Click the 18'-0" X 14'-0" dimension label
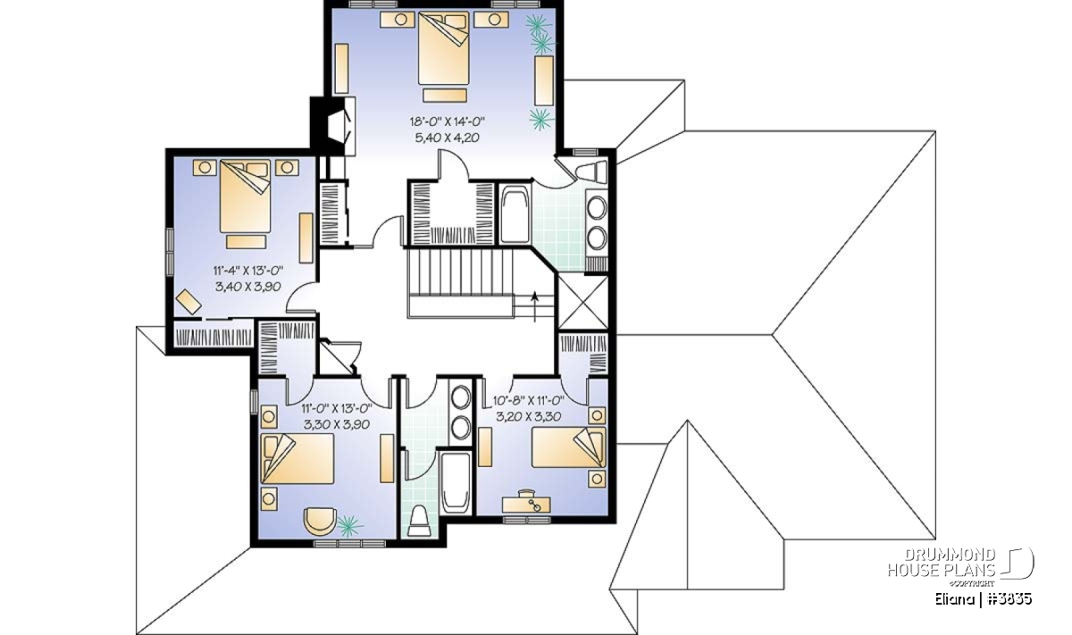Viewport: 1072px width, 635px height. pos(448,121)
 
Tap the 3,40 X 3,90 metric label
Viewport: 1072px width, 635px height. pos(248,287)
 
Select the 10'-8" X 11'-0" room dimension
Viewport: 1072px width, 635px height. pos(529,400)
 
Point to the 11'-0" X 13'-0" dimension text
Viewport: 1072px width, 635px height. pos(337,408)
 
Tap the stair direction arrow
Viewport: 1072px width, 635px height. pos(535,305)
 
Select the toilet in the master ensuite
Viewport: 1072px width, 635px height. pos(592,171)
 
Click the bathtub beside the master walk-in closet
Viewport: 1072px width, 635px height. pos(515,214)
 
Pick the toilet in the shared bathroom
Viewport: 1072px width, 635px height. pos(420,521)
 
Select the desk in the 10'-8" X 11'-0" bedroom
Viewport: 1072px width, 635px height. pos(526,504)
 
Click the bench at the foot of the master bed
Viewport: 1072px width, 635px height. pos(445,95)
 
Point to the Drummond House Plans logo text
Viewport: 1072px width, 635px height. pos(942,563)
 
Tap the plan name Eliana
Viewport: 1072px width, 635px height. pos(953,599)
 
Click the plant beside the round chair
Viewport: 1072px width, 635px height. pos(350,525)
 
